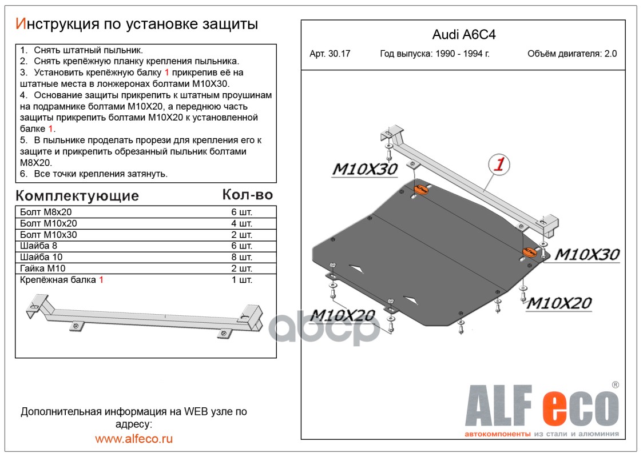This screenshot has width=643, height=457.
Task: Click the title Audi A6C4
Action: click(x=463, y=34)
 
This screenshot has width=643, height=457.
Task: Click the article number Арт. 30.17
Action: click(x=330, y=54)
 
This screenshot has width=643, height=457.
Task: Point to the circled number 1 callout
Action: click(x=499, y=165)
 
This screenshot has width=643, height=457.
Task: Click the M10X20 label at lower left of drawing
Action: click(x=343, y=315)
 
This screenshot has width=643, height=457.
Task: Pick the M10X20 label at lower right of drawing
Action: click(x=558, y=303)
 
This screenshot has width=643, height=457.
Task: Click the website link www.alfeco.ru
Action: click(x=134, y=439)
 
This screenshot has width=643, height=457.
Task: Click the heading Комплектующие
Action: click(x=77, y=196)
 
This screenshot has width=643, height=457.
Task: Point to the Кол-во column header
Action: click(x=247, y=195)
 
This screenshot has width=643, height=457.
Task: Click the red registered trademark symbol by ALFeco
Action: click(x=615, y=384)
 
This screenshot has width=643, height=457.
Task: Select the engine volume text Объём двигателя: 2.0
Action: click(x=572, y=54)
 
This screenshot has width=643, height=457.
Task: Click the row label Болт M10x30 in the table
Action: click(x=48, y=235)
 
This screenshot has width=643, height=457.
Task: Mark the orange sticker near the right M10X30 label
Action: click(x=529, y=251)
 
